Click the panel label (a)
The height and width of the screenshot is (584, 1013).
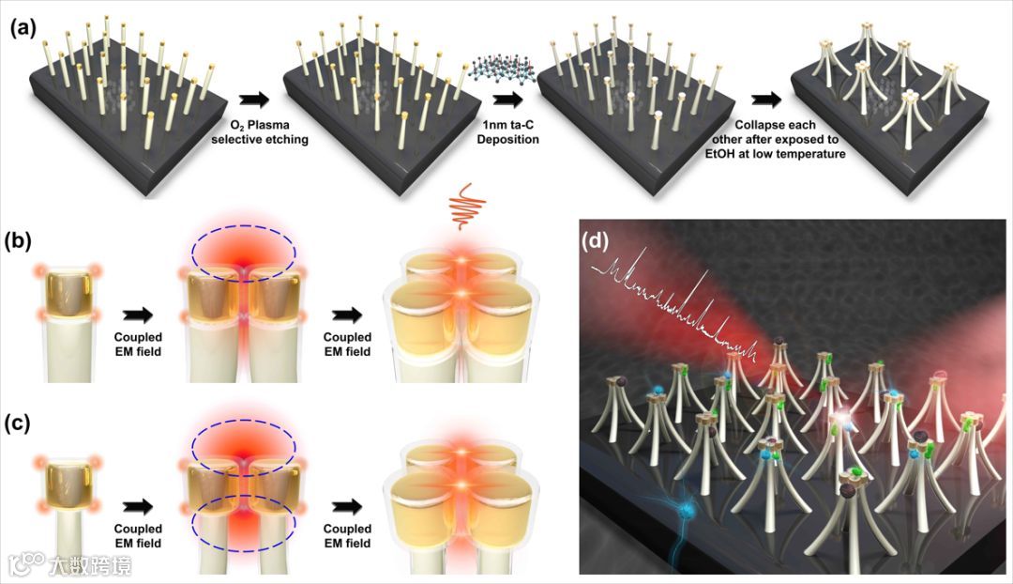[x=24, y=28]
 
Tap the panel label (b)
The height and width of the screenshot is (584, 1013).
[x=24, y=241]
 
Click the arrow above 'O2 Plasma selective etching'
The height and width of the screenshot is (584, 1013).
[x=252, y=99]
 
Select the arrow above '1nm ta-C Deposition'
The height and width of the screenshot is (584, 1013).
[x=506, y=99]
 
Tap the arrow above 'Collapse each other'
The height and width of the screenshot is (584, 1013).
[x=768, y=100]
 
